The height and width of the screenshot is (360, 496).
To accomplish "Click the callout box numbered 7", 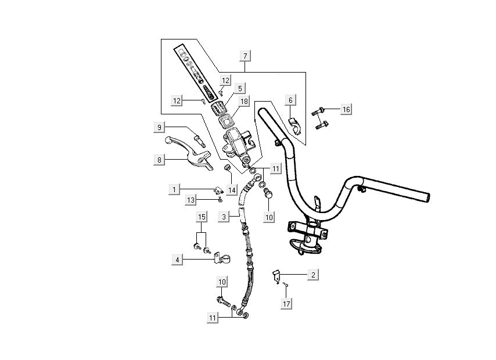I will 246,56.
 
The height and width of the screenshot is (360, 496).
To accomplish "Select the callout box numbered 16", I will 346,109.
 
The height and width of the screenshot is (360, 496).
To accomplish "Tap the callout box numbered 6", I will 290,100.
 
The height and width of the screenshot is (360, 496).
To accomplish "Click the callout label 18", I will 243,101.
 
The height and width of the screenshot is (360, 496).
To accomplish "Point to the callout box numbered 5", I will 240,89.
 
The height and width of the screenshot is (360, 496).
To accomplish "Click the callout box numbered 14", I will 232,190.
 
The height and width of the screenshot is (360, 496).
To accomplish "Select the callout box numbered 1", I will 173,189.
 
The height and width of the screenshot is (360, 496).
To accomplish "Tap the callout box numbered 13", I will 191,200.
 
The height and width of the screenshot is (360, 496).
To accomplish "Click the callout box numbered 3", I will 224,217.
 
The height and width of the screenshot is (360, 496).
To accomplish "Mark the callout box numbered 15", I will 202,217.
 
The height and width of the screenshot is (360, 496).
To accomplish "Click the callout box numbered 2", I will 313,274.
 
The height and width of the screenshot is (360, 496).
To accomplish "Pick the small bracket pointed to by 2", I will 276,275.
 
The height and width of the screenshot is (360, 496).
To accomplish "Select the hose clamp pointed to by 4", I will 218,256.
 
